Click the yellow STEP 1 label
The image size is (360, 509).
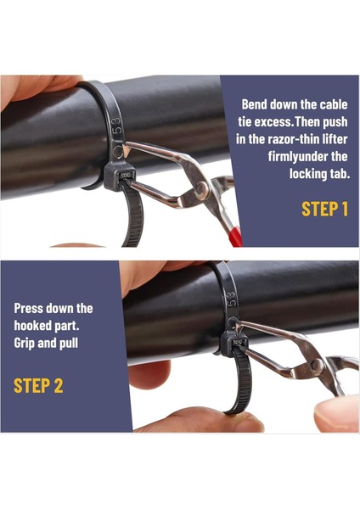tap(324, 209)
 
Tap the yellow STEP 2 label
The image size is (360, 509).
tap(38, 386)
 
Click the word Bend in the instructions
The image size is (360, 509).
tap(257, 104)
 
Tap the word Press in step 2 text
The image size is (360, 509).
tap(31, 308)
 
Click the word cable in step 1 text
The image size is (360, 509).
tap(331, 104)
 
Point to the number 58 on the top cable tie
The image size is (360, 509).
tap(117, 127)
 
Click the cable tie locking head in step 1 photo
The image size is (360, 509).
tap(116, 176)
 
